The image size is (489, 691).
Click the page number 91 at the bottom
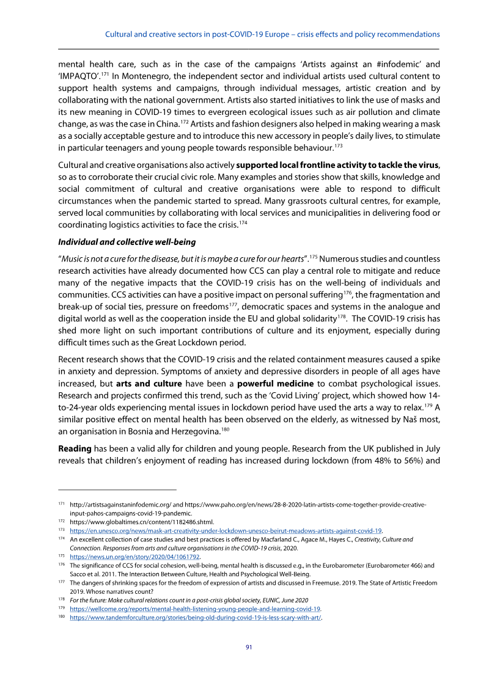click(x=249, y=647)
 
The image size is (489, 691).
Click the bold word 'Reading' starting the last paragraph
click(x=75, y=431)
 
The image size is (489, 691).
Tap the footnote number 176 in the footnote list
click(x=62, y=566)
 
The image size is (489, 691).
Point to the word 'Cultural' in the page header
click(x=121, y=34)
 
